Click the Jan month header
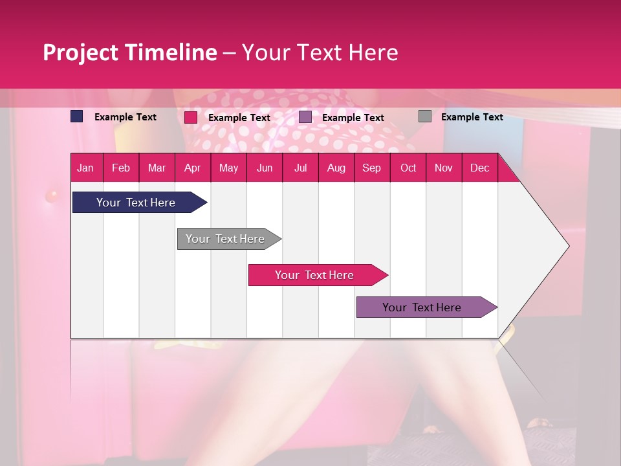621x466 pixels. click(85, 168)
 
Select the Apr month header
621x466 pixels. click(193, 168)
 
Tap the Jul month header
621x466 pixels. click(300, 168)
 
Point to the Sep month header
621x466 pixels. click(371, 168)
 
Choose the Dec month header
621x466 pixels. click(479, 168)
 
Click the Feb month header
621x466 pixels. click(121, 168)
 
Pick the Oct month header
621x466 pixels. click(408, 168)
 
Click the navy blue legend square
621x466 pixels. click(77, 116)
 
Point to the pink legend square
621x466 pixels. click(191, 117)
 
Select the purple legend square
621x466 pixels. click(305, 117)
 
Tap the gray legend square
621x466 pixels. click(425, 116)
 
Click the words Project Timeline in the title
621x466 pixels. click(130, 52)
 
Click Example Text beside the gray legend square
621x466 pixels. click(472, 117)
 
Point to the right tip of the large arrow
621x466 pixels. click(568, 246)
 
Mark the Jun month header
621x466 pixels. click(265, 168)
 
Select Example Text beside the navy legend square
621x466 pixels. click(125, 117)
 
